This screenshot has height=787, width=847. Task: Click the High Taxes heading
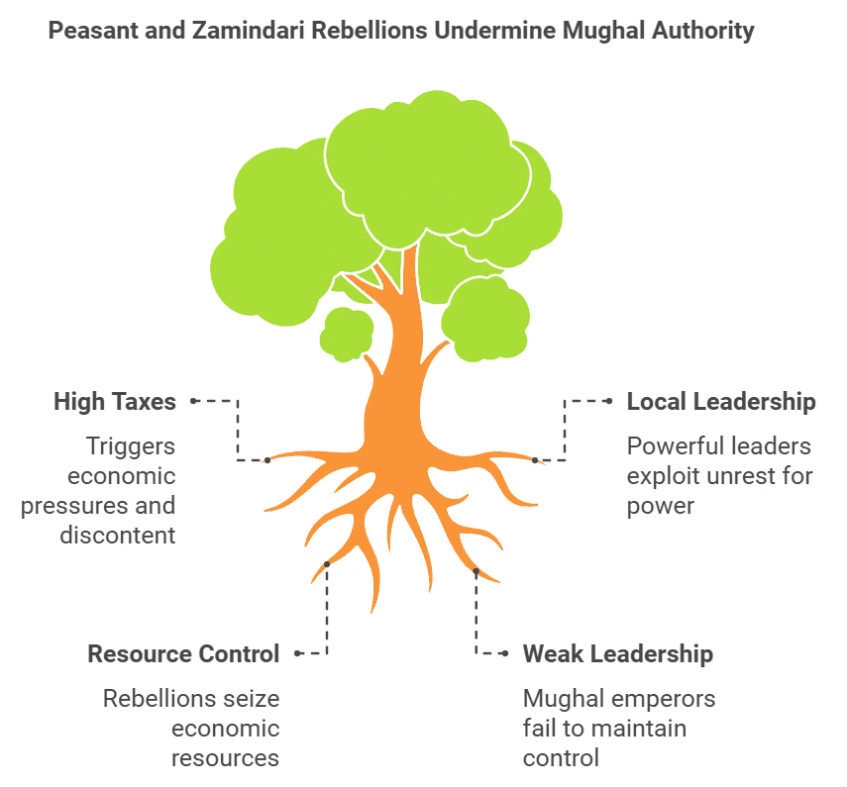pos(115,402)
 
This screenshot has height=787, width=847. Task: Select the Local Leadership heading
pos(721,402)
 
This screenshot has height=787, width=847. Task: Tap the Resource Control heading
pos(183,654)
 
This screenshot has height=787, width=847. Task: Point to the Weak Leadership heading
pos(618,654)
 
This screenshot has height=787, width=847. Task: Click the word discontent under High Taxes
pos(118,536)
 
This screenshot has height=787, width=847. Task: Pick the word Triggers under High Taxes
pos(131,446)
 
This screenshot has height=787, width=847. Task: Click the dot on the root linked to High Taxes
pos(266,460)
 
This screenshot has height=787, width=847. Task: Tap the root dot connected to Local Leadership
pos(535,460)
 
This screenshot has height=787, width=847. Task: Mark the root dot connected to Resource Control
pos(326,564)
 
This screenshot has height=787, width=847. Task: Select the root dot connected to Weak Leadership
pos(476,571)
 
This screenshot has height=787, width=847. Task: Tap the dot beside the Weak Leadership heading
pos(504,653)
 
